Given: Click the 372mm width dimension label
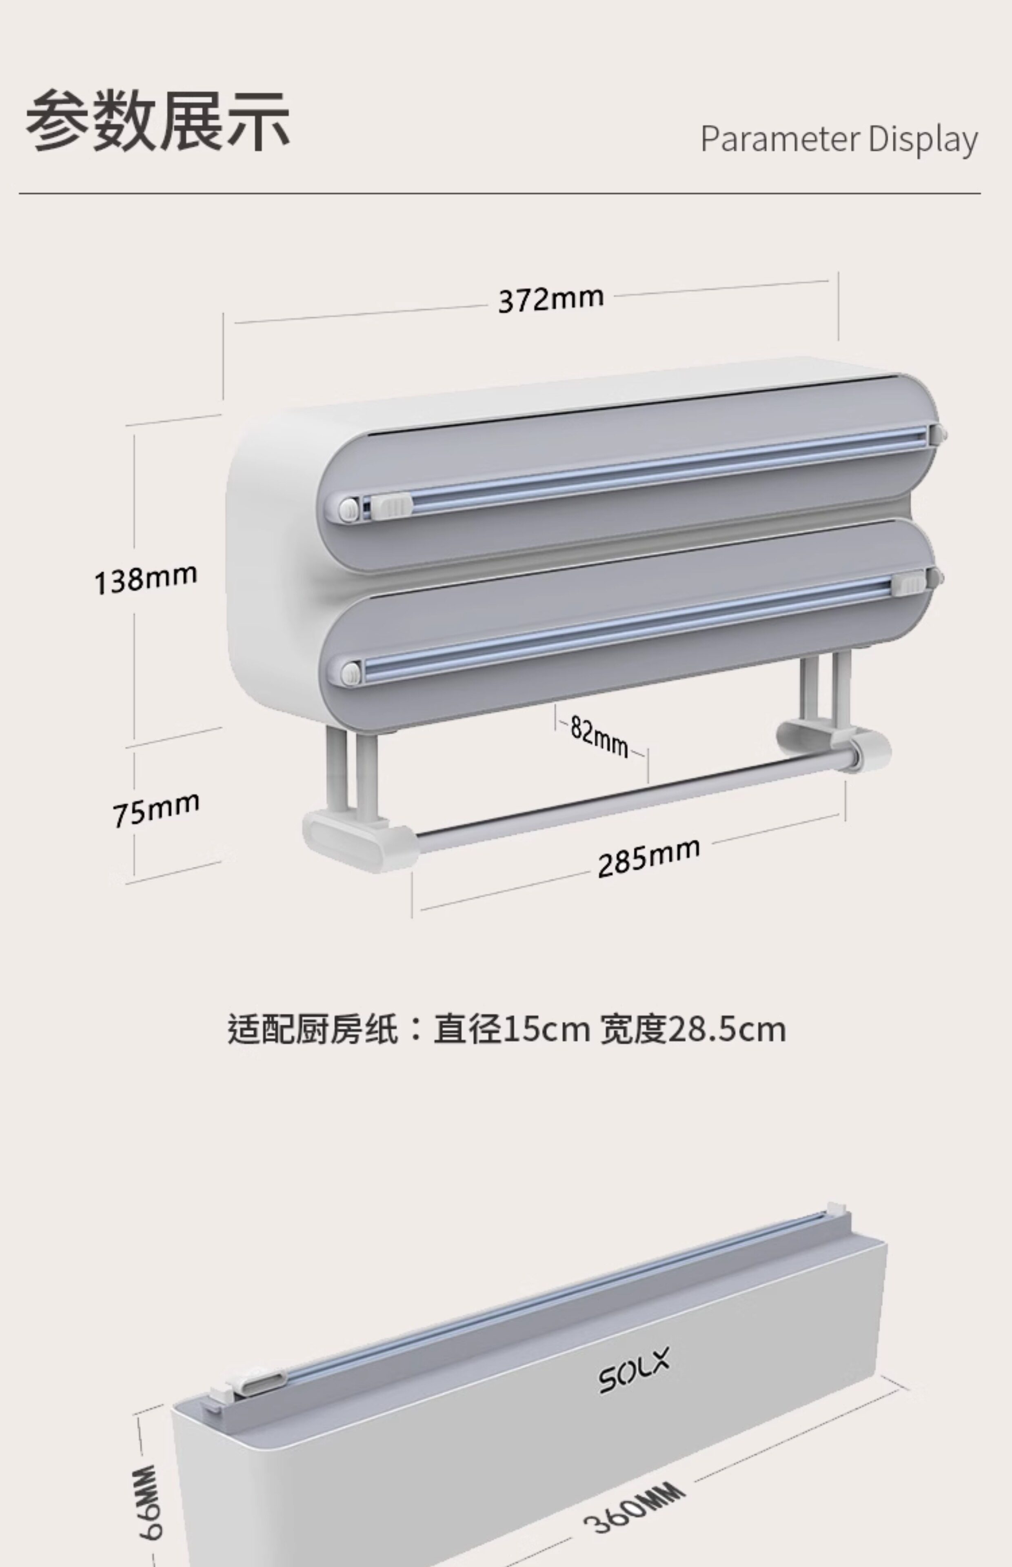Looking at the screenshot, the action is pos(551,299).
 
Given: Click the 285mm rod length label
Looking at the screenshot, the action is pos(648,857).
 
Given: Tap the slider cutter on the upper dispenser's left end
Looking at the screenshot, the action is pos(391,506).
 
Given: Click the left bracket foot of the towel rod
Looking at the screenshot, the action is pos(358,841).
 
